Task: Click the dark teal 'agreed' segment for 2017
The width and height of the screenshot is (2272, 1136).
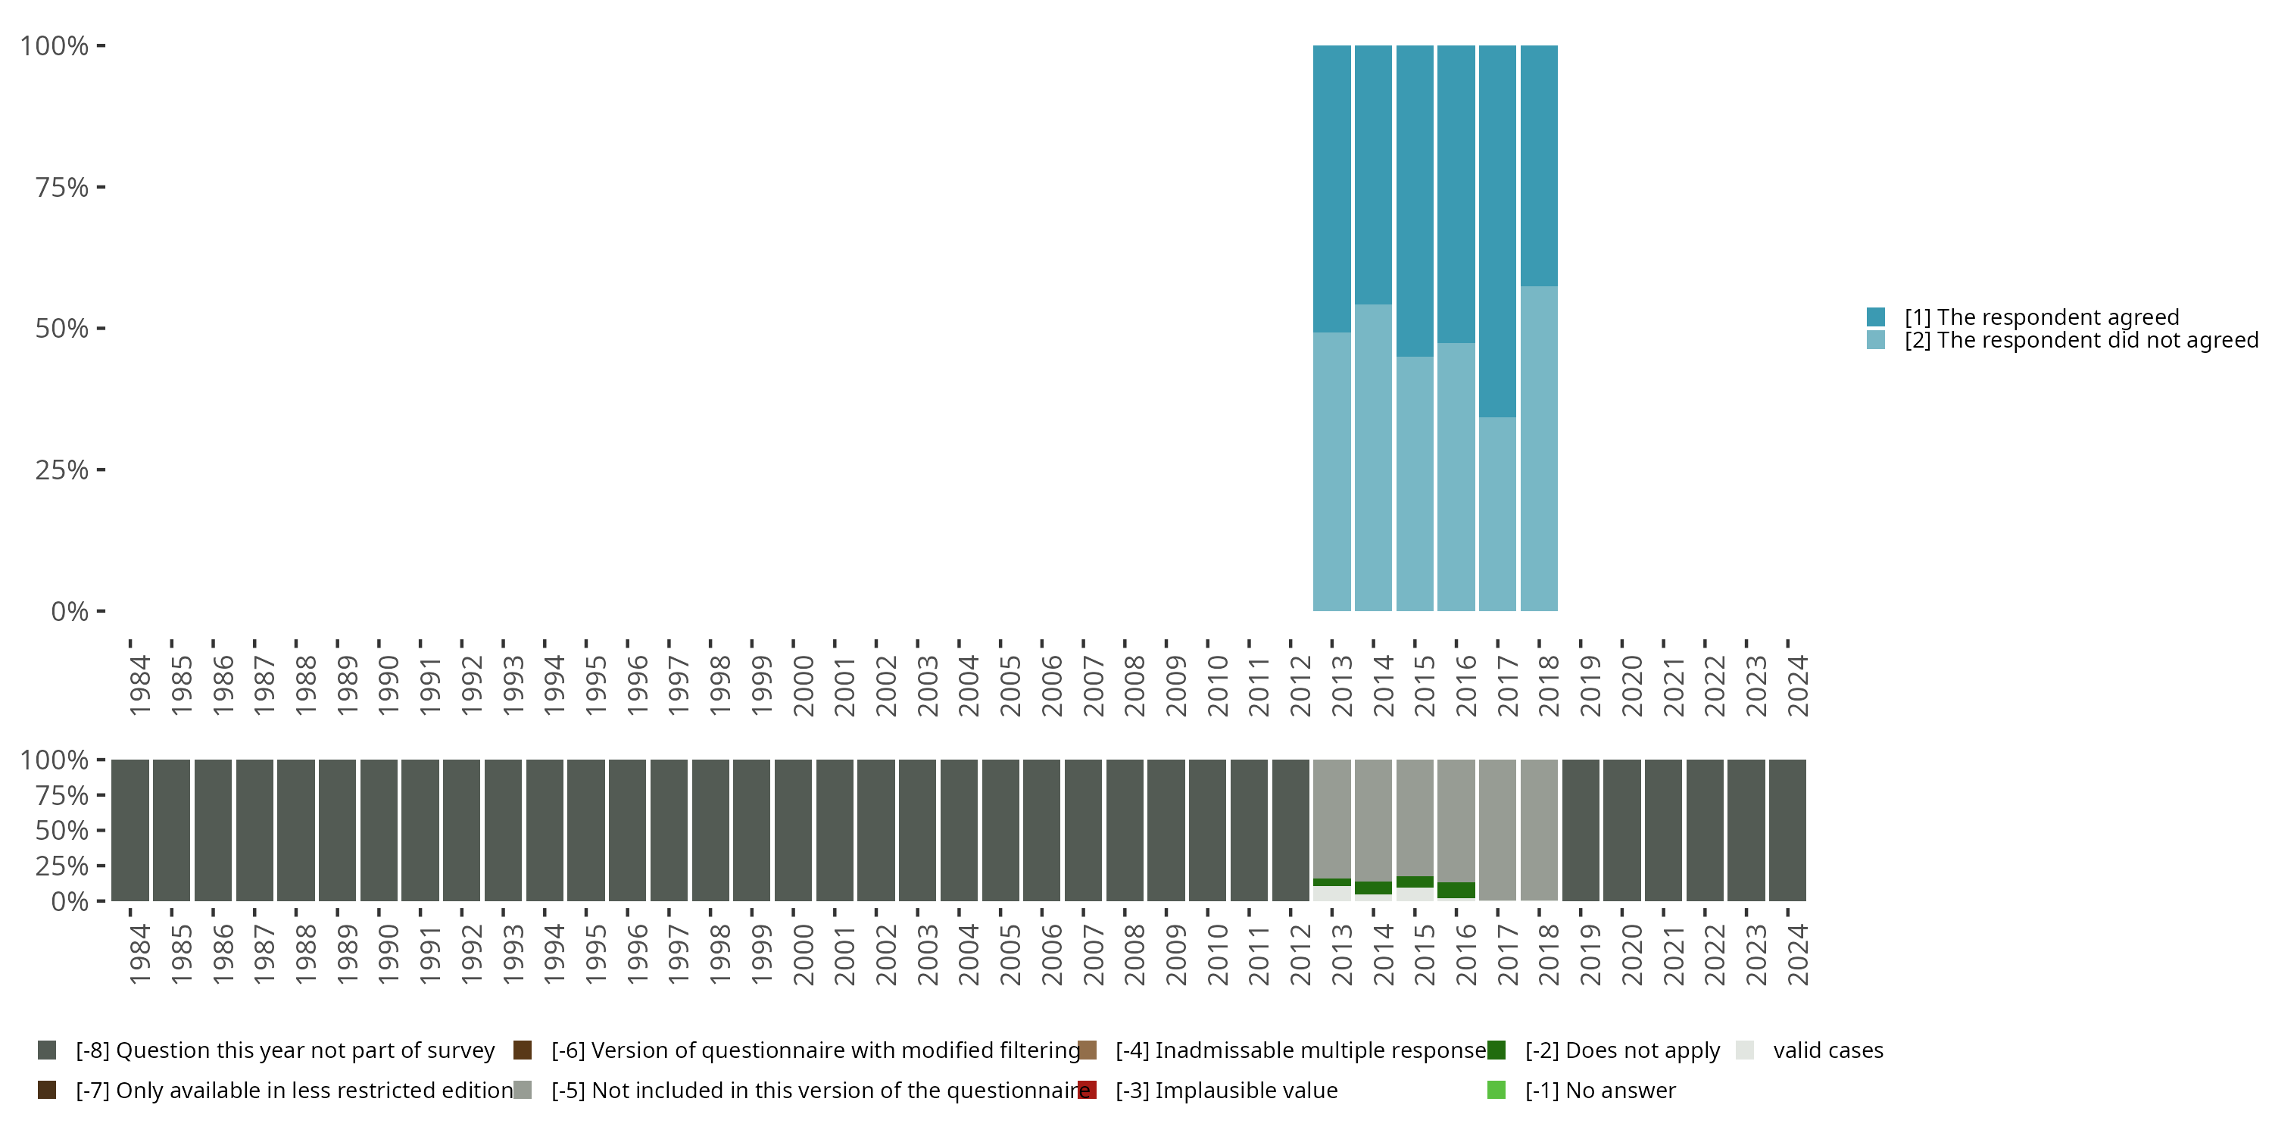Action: click(x=1496, y=231)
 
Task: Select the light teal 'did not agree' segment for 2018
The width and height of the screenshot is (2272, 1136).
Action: click(x=1538, y=448)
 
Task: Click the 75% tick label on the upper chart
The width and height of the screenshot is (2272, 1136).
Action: click(x=62, y=187)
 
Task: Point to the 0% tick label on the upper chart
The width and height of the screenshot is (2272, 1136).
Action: click(x=70, y=611)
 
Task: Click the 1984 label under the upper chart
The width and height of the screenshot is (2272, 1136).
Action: click(x=139, y=685)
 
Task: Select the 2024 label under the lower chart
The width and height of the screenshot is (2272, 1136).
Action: click(x=1796, y=954)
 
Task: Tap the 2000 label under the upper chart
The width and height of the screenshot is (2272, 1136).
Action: click(x=803, y=685)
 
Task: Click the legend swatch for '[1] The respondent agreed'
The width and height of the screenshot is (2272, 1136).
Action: click(x=1875, y=317)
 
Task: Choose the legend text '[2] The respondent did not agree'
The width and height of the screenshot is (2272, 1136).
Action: click(x=2078, y=341)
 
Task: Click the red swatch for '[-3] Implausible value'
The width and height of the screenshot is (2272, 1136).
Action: click(x=1087, y=1090)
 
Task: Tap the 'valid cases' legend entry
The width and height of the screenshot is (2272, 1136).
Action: click(x=1827, y=1050)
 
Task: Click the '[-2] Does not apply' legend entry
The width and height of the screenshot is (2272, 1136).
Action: click(x=1622, y=1050)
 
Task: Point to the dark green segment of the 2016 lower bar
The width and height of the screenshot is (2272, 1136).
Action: click(x=1456, y=890)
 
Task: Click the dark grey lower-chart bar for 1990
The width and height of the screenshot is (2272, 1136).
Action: click(x=379, y=830)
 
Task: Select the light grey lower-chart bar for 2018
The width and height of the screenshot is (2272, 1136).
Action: click(x=1538, y=829)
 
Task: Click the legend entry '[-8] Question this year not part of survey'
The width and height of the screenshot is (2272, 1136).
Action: click(x=285, y=1050)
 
